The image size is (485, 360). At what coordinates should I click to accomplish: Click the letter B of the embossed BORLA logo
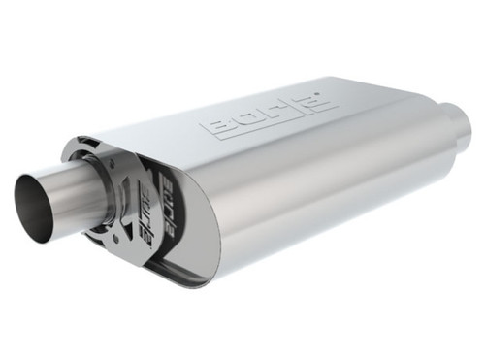(x=216, y=127)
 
